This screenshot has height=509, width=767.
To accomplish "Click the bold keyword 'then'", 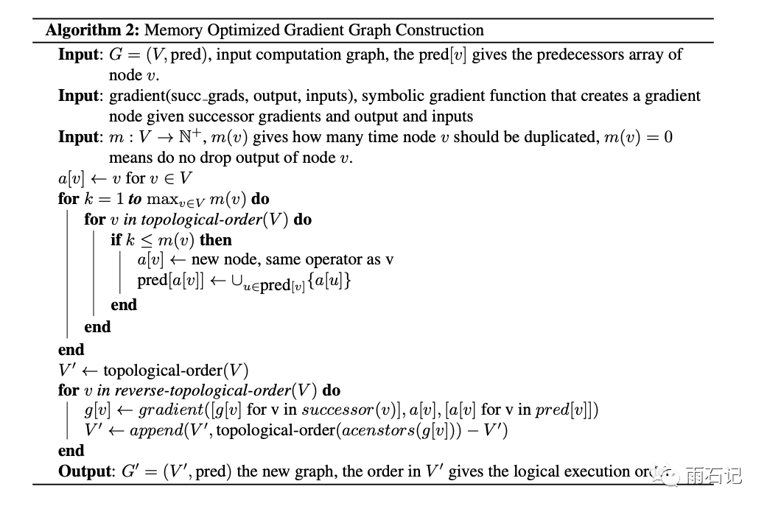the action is (x=215, y=239).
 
